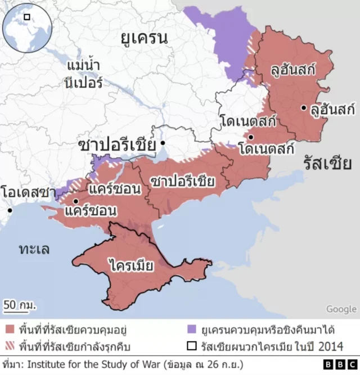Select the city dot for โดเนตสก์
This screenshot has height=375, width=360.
[250, 137]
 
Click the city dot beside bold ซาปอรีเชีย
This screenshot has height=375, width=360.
[163, 144]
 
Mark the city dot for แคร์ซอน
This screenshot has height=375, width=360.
[75, 201]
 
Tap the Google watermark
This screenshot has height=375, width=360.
[341, 309]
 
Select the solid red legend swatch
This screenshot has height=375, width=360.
[9, 329]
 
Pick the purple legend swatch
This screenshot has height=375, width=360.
[192, 329]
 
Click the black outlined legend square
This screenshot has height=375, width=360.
[192, 346]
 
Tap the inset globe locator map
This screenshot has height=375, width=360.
[26, 26]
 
